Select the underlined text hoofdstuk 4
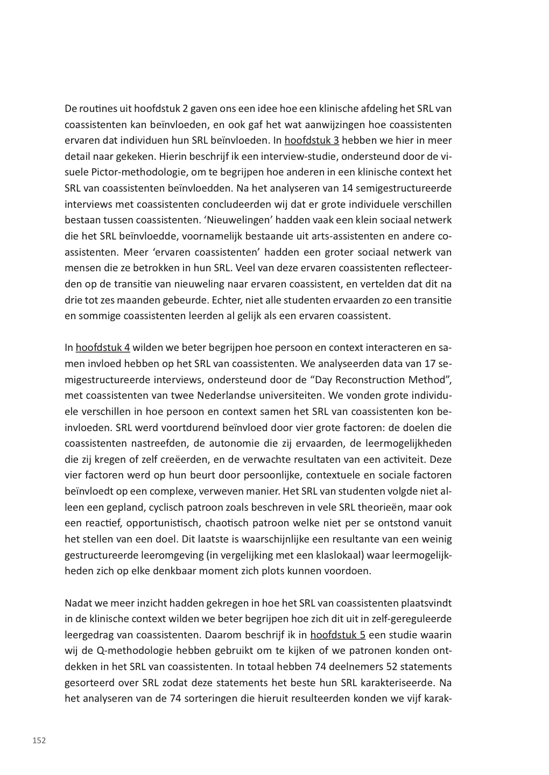(x=103, y=348)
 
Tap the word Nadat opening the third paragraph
(x=78, y=603)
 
